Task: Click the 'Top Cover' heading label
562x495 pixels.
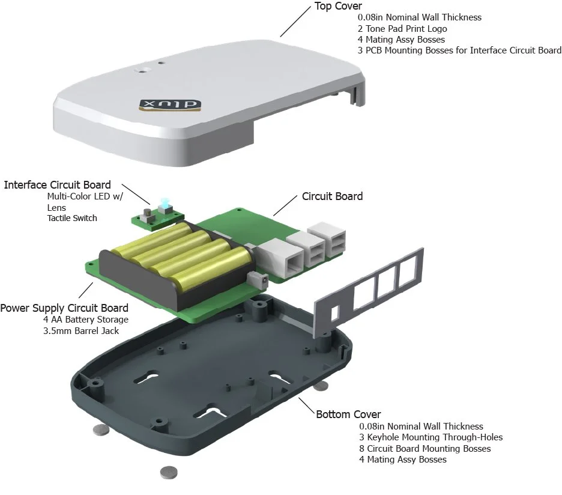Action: click(x=338, y=6)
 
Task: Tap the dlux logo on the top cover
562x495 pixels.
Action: click(x=170, y=105)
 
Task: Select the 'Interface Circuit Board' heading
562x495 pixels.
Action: click(x=58, y=185)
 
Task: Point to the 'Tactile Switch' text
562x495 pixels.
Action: click(x=72, y=218)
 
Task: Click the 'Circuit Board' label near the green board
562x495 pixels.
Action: click(x=332, y=196)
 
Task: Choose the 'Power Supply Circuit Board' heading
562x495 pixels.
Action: click(x=64, y=308)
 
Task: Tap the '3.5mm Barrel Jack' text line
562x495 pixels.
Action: click(x=81, y=331)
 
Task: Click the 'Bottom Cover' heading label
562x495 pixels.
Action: click(x=348, y=415)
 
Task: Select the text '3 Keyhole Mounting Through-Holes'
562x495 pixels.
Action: click(x=431, y=437)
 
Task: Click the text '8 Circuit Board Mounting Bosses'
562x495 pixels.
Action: click(x=425, y=448)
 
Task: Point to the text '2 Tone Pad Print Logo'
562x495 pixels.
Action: click(x=402, y=29)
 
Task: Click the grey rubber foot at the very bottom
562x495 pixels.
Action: click(x=169, y=472)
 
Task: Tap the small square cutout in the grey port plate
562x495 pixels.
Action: click(x=335, y=312)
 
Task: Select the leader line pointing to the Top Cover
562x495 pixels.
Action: click(x=295, y=22)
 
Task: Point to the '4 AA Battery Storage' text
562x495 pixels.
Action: click(x=86, y=319)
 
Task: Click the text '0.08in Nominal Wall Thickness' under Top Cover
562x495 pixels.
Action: click(x=420, y=17)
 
